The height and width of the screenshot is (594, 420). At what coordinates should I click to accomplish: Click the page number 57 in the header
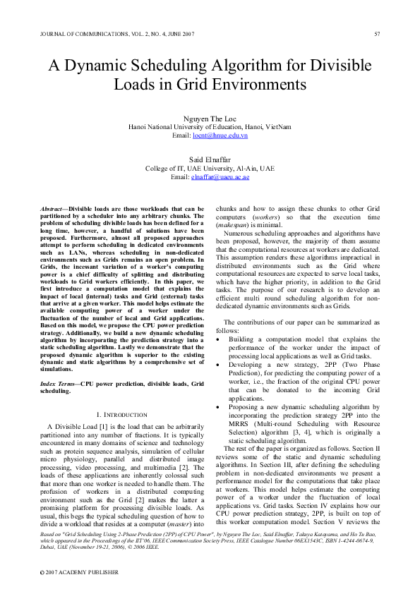(377, 34)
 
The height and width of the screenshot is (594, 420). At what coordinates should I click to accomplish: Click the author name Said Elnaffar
(210, 161)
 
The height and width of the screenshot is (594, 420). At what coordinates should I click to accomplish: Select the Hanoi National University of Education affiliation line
(210, 127)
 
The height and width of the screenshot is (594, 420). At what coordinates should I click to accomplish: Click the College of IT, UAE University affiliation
(210, 169)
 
